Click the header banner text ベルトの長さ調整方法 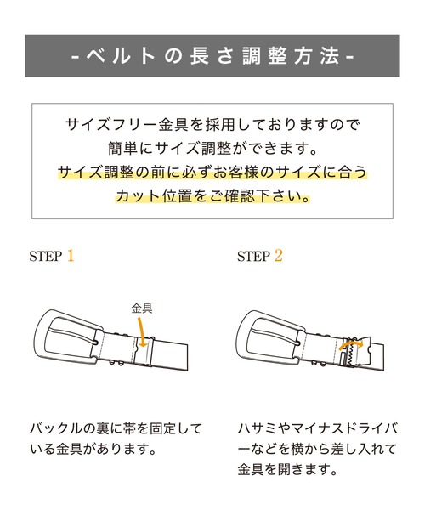212,57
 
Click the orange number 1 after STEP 71,255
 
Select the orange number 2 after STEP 278,255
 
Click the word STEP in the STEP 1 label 45,256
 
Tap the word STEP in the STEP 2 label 252,256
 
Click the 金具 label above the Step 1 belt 142,309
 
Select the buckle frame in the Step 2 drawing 269,339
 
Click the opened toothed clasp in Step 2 349,357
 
